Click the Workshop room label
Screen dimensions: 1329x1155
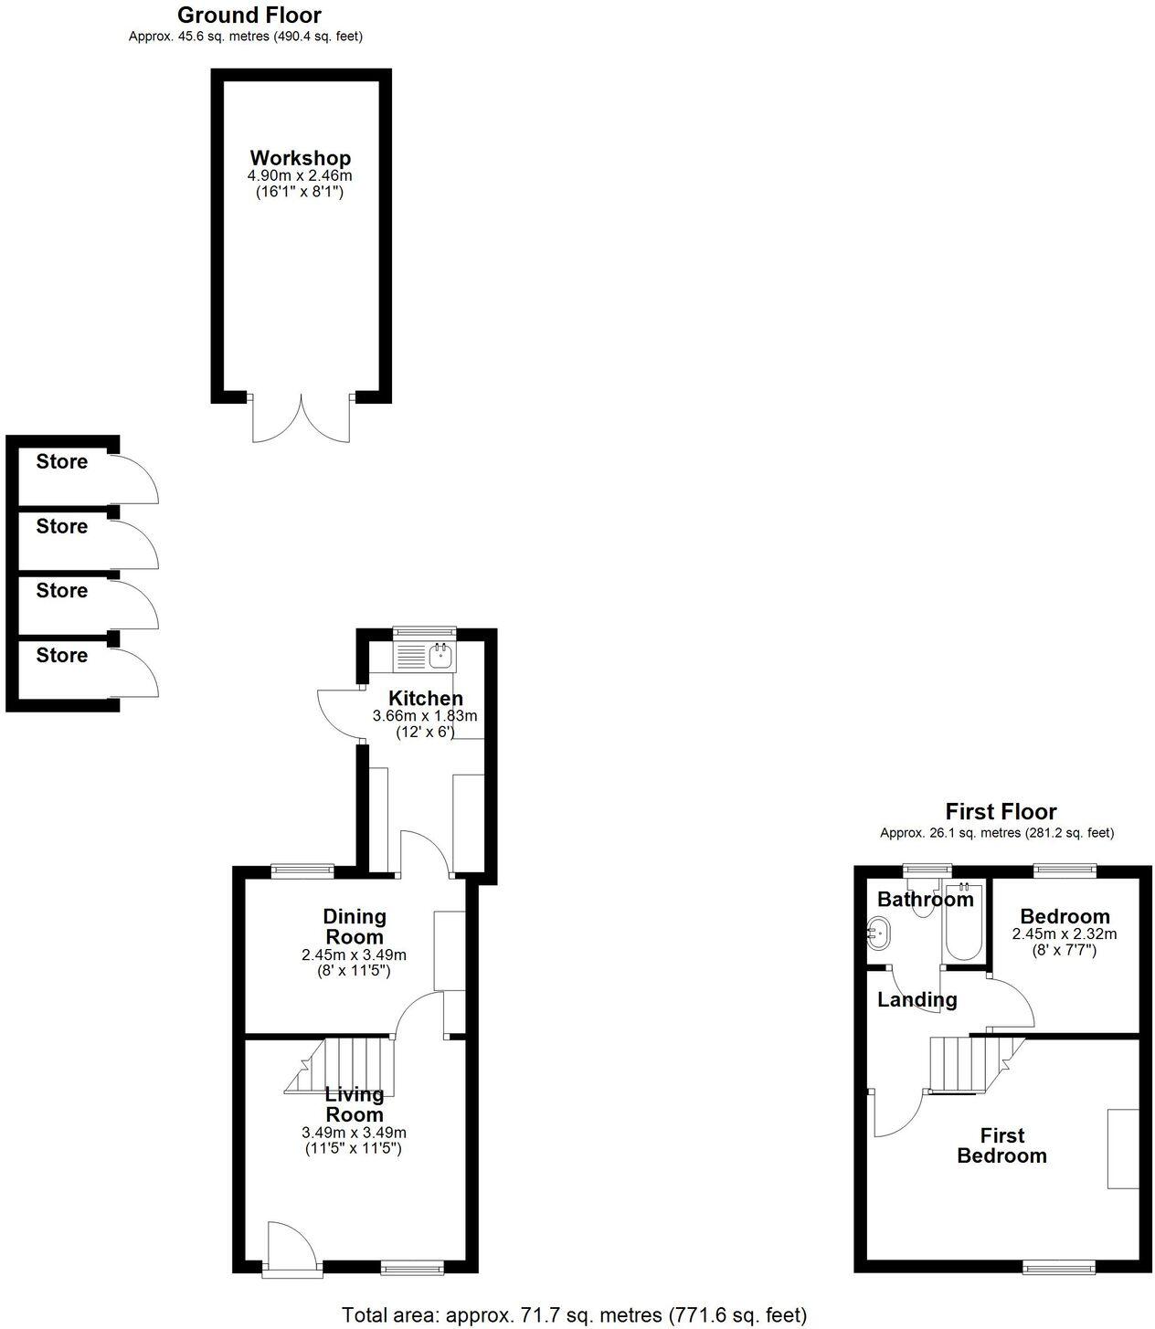300,158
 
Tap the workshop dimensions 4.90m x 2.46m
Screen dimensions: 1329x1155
300,175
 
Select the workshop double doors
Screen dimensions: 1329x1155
301,418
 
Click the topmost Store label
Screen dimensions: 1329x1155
62,462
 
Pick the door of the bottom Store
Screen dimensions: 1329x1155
137,673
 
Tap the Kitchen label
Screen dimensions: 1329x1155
425,699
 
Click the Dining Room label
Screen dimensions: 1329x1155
355,926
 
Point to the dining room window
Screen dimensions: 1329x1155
302,870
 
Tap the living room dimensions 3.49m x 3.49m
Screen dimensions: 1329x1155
355,1133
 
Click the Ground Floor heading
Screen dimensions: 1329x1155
249,15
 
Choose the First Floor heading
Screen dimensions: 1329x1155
1001,811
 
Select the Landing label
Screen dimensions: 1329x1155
917,1000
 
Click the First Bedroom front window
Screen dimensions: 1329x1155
1057,1266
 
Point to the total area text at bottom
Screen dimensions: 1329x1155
574,1315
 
